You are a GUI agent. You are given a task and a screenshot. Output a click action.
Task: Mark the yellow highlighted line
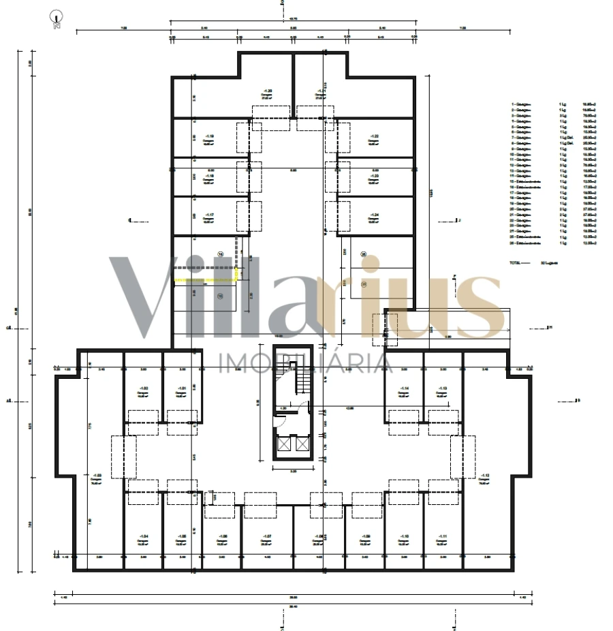pos(205,279)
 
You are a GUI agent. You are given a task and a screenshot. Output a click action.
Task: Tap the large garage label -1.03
pos(97,477)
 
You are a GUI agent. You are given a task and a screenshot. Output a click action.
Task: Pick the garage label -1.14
pos(405,390)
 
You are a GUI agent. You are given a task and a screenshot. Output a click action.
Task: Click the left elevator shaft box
pos(283,444)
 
